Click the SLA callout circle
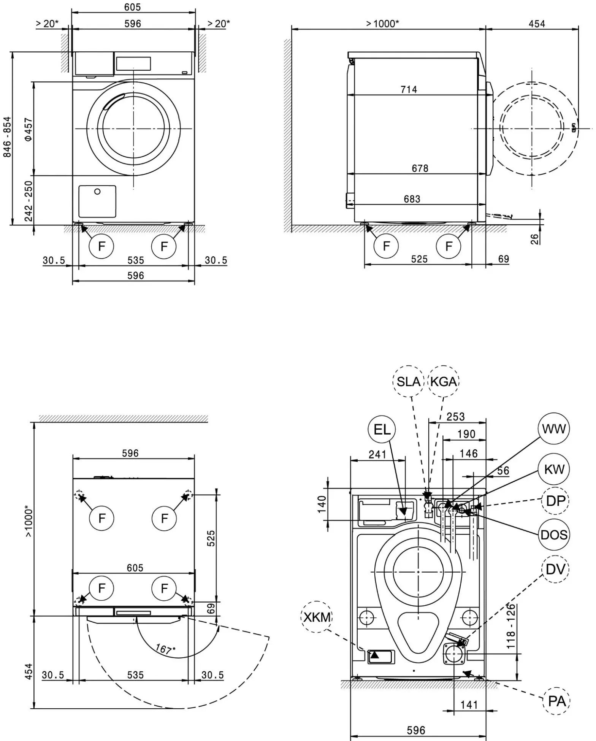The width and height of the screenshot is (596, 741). tap(408, 381)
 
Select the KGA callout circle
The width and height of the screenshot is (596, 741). tap(444, 381)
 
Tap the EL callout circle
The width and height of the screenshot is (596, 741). tap(382, 430)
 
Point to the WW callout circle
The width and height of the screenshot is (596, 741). tap(554, 429)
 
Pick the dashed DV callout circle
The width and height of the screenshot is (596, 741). tap(555, 569)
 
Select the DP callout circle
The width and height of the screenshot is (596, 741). tap(555, 501)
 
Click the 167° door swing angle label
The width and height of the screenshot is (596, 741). tap(165, 649)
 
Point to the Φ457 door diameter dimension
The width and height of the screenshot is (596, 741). tap(29, 129)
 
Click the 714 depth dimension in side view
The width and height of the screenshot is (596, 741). tap(409, 90)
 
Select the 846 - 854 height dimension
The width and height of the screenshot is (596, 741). tap(7, 137)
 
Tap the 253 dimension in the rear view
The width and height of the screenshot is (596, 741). tap(455, 417)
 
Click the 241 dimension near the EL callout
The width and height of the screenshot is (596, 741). tap(377, 454)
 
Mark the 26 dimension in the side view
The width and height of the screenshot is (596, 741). tap(534, 239)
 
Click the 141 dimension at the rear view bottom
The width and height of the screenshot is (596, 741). tap(469, 705)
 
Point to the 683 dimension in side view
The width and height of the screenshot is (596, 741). tap(412, 199)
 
